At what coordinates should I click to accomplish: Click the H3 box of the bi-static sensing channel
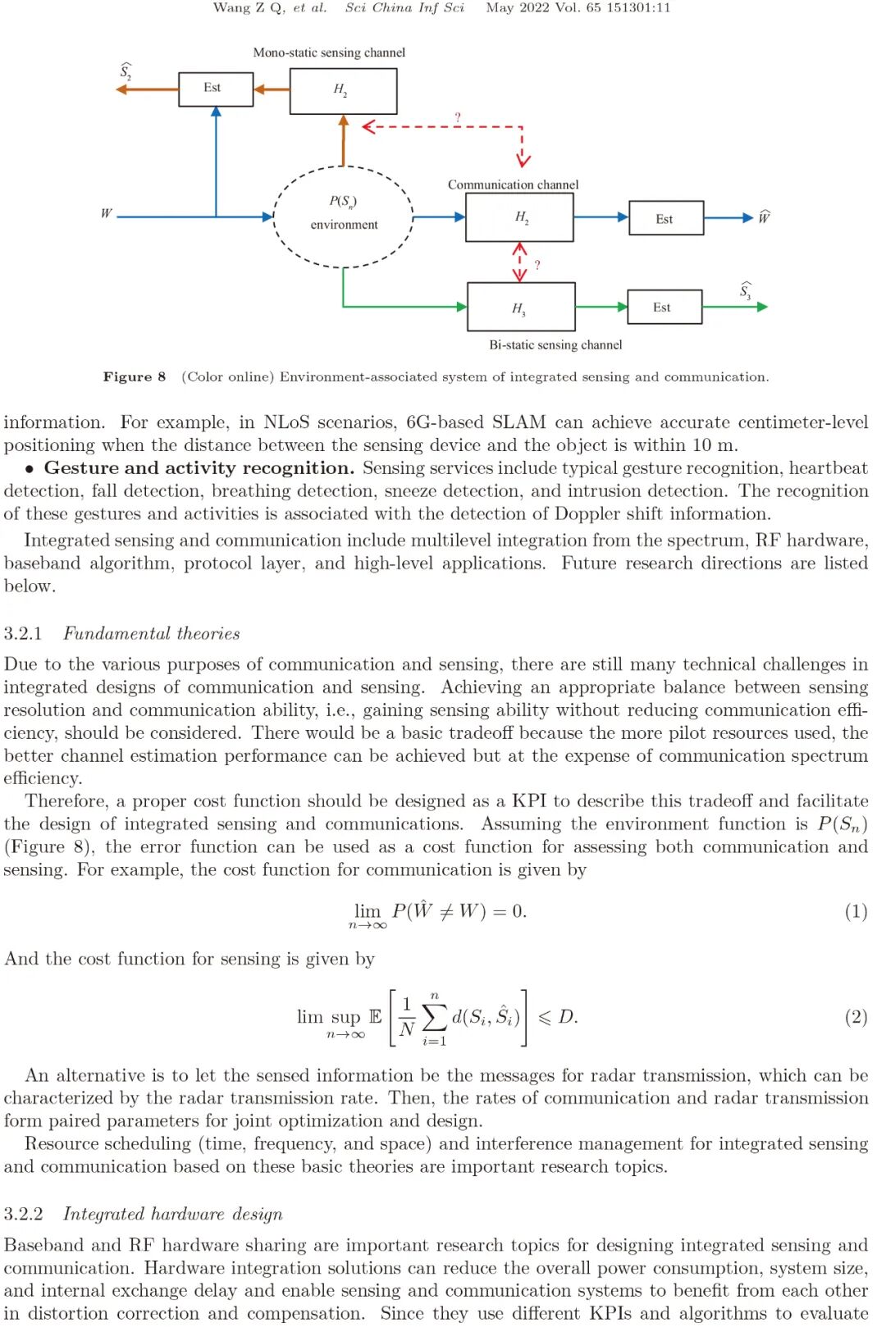[520, 307]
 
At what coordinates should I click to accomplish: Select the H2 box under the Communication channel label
[518, 217]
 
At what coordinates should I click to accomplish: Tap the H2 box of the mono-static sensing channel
[343, 90]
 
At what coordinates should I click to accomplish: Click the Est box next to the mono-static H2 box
[215, 88]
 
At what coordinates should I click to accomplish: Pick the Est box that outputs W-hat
[665, 218]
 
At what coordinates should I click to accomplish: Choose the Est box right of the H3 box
[664, 307]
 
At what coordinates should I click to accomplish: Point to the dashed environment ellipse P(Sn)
[343, 216]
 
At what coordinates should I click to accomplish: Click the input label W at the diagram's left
[106, 213]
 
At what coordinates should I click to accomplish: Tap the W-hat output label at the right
[764, 217]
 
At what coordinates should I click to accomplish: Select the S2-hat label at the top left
[126, 71]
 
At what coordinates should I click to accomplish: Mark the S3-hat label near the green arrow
[745, 290]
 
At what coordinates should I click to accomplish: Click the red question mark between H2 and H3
[537, 265]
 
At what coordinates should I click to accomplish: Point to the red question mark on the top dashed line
[458, 117]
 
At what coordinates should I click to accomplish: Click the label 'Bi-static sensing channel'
[555, 344]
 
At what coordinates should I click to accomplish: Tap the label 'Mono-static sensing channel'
[329, 52]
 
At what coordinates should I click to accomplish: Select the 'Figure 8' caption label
[134, 376]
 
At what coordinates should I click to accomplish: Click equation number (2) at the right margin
[856, 1017]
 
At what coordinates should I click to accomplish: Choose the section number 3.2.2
[23, 1214]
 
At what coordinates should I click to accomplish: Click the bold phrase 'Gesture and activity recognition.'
[199, 468]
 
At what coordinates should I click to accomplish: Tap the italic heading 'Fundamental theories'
[152, 633]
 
